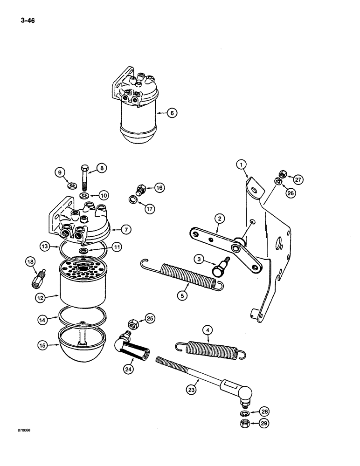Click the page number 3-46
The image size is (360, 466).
pyautogui.click(x=28, y=21)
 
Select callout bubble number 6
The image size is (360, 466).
pyautogui.click(x=173, y=112)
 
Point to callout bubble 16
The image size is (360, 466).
pyautogui.click(x=159, y=188)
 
